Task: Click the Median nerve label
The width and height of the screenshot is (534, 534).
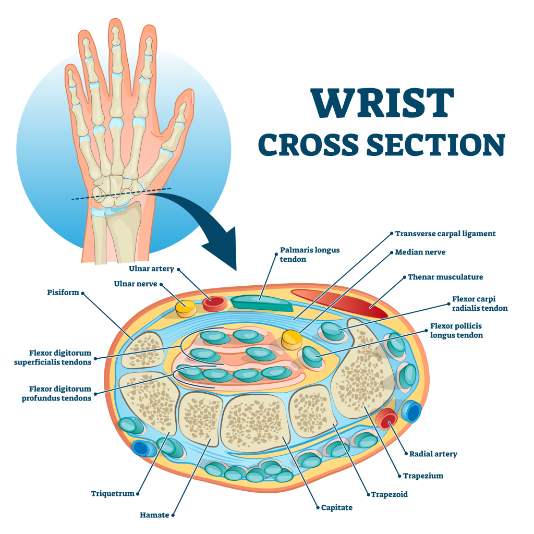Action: (x=420, y=252)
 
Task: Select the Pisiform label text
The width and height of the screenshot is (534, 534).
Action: (x=62, y=293)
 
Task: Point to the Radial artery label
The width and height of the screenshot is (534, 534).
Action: (x=433, y=454)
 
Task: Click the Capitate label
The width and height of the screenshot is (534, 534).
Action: (x=337, y=507)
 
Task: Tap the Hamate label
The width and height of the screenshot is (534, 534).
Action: (x=154, y=515)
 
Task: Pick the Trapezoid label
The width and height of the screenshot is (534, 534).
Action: (x=389, y=494)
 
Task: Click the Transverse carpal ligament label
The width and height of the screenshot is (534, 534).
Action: (x=445, y=234)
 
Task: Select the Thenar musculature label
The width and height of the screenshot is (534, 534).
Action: (x=445, y=277)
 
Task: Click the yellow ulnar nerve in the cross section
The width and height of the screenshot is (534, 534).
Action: (x=185, y=308)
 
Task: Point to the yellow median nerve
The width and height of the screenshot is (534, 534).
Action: (x=292, y=339)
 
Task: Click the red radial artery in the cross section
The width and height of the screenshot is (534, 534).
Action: (x=387, y=418)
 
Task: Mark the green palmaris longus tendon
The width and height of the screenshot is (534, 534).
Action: (x=261, y=303)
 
